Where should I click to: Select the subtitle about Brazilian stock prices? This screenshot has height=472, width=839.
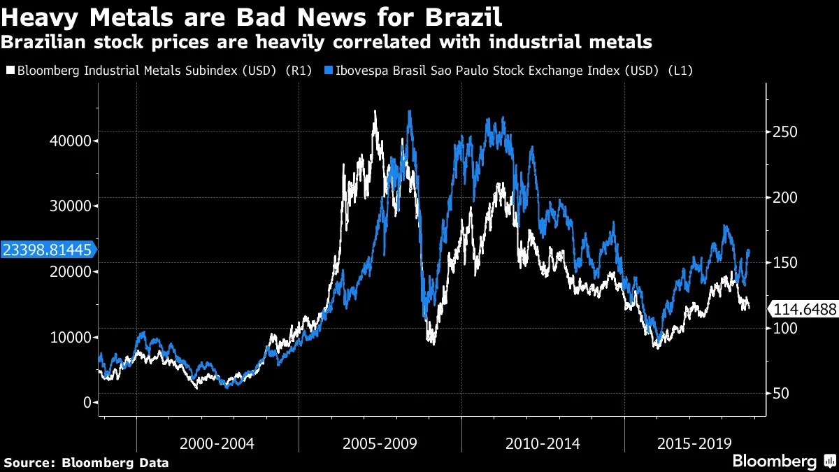(x=327, y=42)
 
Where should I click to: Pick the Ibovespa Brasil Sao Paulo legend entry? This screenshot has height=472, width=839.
(x=514, y=71)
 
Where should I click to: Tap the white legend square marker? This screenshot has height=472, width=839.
(x=10, y=71)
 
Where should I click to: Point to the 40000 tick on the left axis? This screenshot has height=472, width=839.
(x=72, y=141)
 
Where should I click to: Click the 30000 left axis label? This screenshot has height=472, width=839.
(x=72, y=206)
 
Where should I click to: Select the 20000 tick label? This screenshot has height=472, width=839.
(x=72, y=271)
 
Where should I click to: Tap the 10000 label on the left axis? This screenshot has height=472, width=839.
(x=72, y=337)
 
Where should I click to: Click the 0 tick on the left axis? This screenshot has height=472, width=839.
(x=87, y=403)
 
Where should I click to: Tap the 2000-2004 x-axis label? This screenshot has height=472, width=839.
(x=217, y=443)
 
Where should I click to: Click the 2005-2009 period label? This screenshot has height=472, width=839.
(x=380, y=443)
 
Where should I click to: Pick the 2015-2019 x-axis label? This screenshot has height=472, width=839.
(x=695, y=443)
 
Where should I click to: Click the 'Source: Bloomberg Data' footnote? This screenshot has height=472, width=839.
(x=87, y=462)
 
